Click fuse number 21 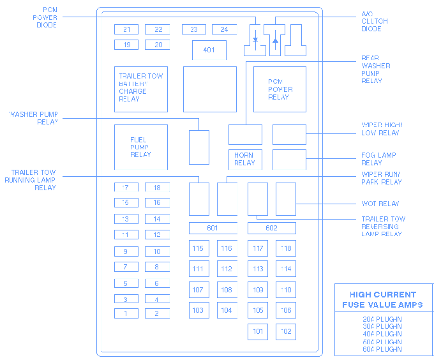click(126, 29)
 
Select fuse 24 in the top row click(224, 29)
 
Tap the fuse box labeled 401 click(209, 50)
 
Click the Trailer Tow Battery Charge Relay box click(141, 88)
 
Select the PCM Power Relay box click(279, 89)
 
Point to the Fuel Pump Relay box click(140, 147)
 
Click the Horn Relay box click(244, 159)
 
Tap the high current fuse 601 click(213, 229)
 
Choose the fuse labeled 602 click(271, 229)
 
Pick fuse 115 click(198, 249)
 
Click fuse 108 click(227, 290)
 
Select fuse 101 click(258, 331)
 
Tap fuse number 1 click(126, 313)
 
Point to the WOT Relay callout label click(380, 204)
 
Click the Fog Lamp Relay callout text click(378, 159)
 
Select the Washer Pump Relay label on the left click(34, 118)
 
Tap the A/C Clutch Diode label click(374, 21)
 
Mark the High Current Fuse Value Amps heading click(382, 299)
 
